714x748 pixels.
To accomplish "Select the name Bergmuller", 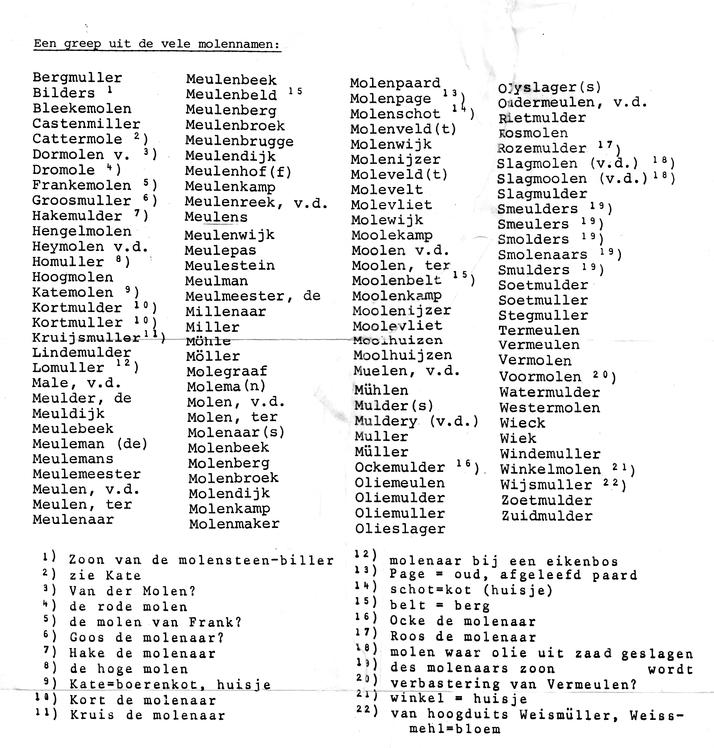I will coord(77,78).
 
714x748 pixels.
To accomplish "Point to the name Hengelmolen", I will coord(82,231).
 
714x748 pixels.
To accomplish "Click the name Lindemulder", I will coord(81,353).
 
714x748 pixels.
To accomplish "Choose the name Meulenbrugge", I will coord(239,141).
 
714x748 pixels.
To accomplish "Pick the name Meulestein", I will coord(230,266).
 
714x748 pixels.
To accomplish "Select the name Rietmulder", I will coord(542,118).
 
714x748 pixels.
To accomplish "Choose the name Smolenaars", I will coord(543,254).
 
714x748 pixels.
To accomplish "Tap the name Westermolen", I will coord(550,408).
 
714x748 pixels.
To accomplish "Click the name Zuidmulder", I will coord(547,516).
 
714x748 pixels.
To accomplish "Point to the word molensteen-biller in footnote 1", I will coord(256,560).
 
